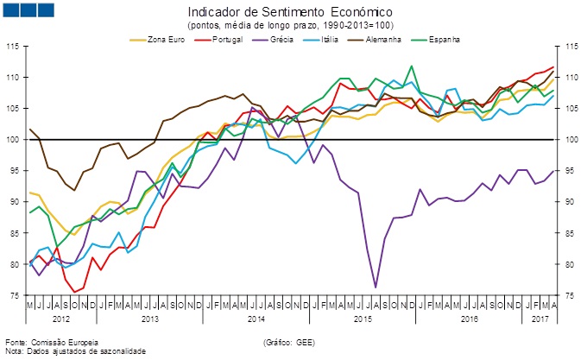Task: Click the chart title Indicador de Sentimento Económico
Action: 289,13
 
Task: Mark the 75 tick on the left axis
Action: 14,295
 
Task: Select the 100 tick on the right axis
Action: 573,139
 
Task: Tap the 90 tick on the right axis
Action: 571,202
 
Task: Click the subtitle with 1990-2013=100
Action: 289,26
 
